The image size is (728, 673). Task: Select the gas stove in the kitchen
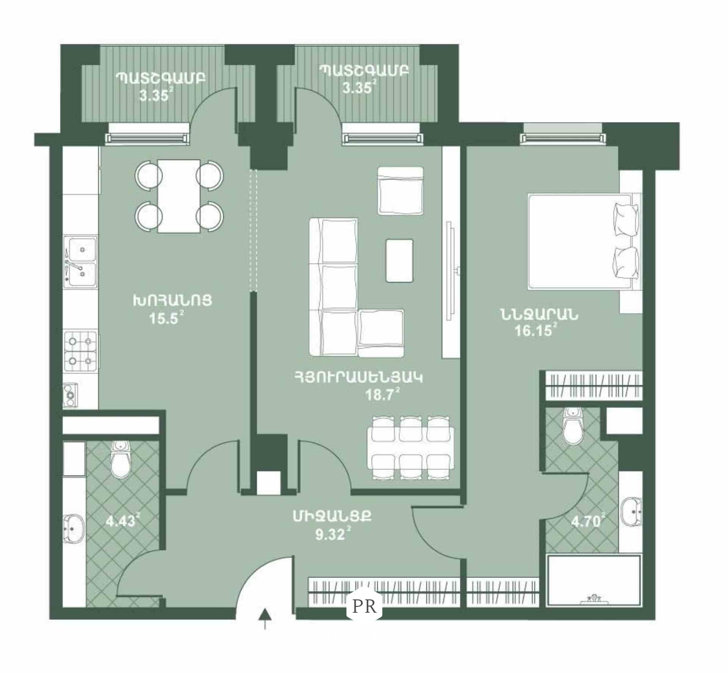(80, 351)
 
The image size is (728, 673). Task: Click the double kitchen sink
(80, 262)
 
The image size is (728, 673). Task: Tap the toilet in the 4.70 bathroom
(573, 425)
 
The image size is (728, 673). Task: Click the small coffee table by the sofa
(399, 260)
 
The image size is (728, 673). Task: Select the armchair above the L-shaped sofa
(400, 191)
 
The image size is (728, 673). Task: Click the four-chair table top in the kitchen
(179, 196)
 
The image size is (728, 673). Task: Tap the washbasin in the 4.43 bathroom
(73, 529)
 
